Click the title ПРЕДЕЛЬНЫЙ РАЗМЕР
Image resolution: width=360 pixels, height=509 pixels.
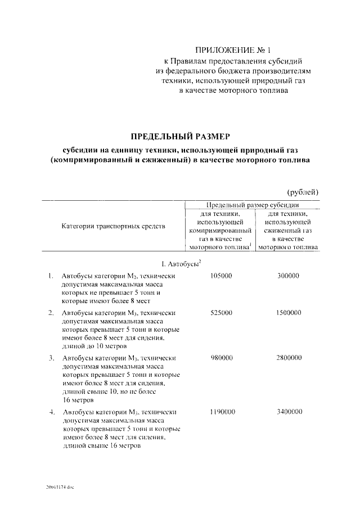[x=181, y=136]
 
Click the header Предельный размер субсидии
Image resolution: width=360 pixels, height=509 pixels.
[x=253, y=205]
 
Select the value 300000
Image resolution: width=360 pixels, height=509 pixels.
[x=288, y=276]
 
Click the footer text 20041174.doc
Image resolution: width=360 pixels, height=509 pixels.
[x=60, y=487]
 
